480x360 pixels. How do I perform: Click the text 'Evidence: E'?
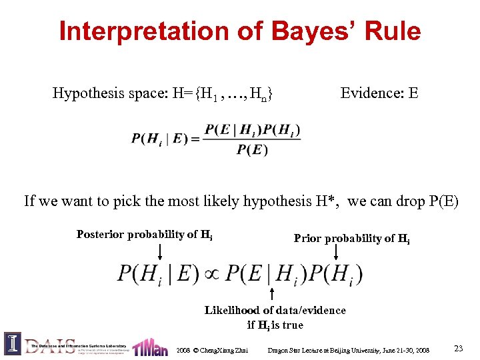pyautogui.click(x=379, y=93)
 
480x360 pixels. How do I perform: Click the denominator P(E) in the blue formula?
pyautogui.click(x=252, y=149)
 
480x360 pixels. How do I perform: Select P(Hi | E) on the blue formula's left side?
pyautogui.click(x=159, y=139)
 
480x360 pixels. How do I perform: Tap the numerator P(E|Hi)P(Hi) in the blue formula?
pyautogui.click(x=252, y=129)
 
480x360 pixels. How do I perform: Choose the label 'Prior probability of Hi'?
pyautogui.click(x=351, y=239)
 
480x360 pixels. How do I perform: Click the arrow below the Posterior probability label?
pyautogui.click(x=159, y=251)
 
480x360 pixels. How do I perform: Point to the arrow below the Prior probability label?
pyautogui.click(x=335, y=251)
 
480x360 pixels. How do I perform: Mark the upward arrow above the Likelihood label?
pyautogui.click(x=272, y=294)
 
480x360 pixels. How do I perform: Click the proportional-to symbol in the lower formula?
pyautogui.click(x=212, y=274)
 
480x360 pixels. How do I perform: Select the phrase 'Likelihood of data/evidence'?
pyautogui.click(x=275, y=310)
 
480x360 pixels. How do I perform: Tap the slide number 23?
pyautogui.click(x=458, y=348)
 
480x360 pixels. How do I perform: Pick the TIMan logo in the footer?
pyautogui.click(x=150, y=347)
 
